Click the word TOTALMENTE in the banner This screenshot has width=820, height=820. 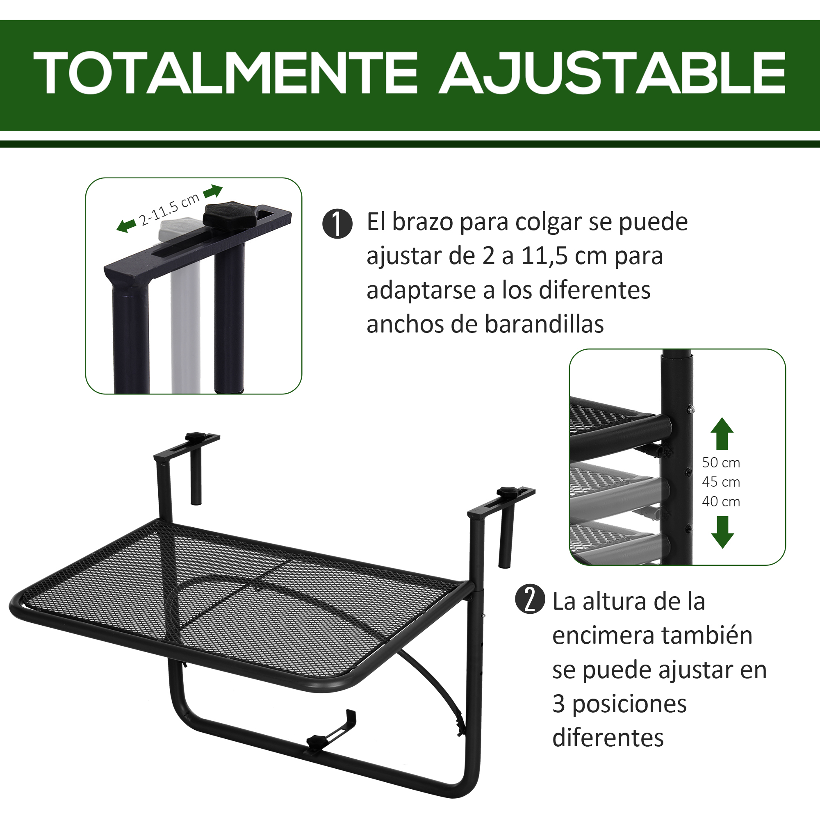coord(225,73)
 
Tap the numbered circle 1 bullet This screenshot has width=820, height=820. coord(337,224)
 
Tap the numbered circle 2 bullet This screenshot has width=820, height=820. coord(530,599)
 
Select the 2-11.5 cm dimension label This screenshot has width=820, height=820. coord(169,209)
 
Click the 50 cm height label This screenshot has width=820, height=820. coord(721,462)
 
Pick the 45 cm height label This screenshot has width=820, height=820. coord(721,482)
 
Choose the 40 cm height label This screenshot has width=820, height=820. coord(721,502)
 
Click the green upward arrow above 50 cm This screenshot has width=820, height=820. coord(722,433)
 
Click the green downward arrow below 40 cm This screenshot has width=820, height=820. coord(722,532)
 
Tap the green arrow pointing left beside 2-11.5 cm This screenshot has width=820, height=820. coord(126,226)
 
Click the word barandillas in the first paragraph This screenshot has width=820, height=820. coord(544,325)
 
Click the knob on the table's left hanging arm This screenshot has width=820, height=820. coord(196,436)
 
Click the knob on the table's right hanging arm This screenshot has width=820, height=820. coord(508,492)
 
